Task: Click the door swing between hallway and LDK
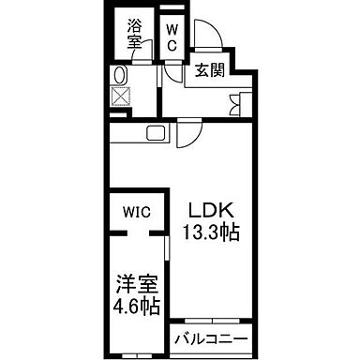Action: coord(187,136)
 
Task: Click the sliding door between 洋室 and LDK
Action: coord(166,253)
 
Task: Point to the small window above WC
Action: coord(172,12)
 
